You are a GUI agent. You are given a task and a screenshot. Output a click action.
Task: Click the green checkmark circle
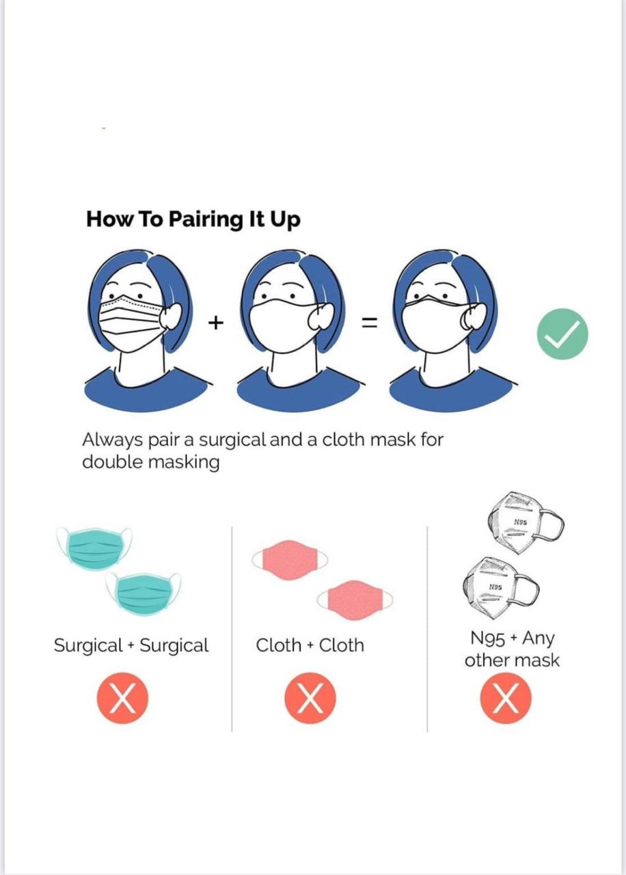(x=562, y=334)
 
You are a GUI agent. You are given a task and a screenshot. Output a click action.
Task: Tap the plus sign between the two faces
(x=215, y=323)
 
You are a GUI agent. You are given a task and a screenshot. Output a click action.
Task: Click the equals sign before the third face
(x=369, y=323)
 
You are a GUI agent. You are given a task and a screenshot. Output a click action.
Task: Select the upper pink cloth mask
(x=289, y=560)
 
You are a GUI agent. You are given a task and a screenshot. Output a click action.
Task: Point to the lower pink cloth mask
(x=355, y=600)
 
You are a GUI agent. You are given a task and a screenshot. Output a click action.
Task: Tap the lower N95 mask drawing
(x=501, y=588)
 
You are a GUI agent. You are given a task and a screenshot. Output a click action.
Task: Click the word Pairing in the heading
(x=206, y=219)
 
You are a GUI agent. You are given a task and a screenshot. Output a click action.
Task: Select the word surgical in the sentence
(x=233, y=440)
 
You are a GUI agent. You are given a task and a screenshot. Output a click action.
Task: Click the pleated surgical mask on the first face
(x=131, y=321)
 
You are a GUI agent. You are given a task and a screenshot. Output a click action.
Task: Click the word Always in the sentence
(x=113, y=440)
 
